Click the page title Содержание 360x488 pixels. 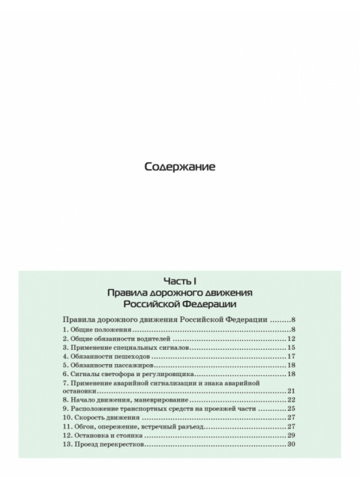(179, 167)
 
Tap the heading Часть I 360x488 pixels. (179, 277)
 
